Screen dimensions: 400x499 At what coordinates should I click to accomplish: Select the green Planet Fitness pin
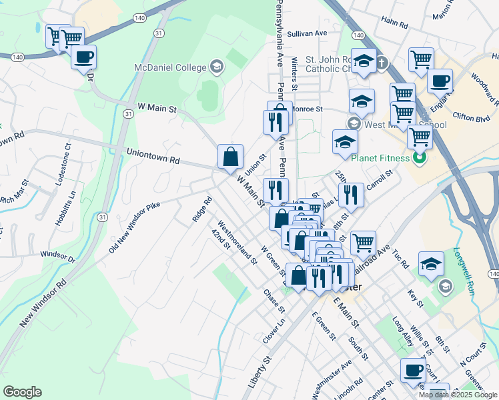(420, 159)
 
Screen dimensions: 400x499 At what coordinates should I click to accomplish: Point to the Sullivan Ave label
(308, 33)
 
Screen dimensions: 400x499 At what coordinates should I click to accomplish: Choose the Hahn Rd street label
(396, 24)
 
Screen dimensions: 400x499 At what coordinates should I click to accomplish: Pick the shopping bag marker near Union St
(230, 157)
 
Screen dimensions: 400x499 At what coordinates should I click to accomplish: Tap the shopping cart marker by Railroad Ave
(363, 243)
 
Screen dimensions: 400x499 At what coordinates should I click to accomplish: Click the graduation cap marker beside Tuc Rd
(431, 264)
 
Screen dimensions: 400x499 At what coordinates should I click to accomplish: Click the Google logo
(22, 392)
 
